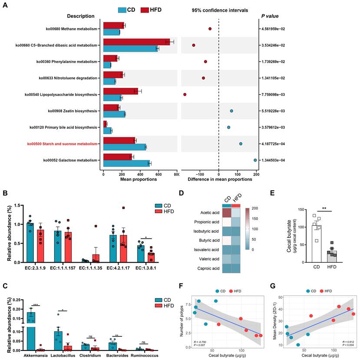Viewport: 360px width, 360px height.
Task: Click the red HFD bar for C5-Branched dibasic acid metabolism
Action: click(136, 42)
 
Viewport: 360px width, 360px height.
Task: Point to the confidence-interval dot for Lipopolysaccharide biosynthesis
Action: click(185, 94)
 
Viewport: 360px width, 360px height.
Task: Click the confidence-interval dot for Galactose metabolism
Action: click(255, 160)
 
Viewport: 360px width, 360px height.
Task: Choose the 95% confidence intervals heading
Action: click(217, 10)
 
